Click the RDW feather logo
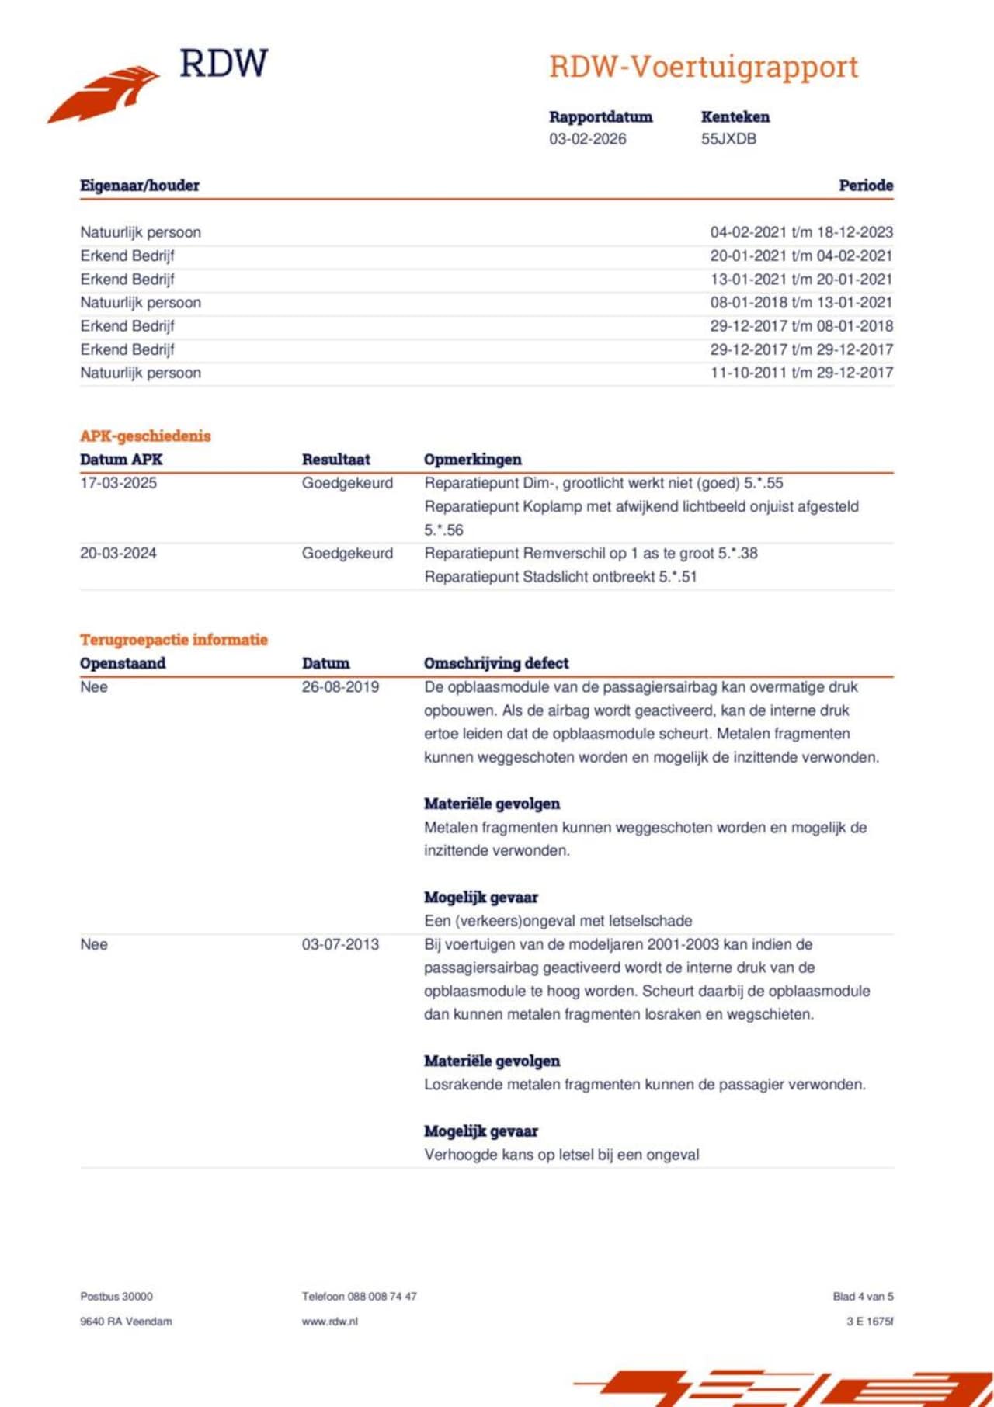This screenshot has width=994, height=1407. coord(104,93)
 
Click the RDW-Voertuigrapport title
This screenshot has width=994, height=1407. coord(704,68)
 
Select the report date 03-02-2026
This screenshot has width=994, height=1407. coord(587,139)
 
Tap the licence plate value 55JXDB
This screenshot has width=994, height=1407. coord(728,139)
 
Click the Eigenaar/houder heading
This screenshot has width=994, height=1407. coord(140,186)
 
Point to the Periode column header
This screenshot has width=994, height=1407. coord(865,186)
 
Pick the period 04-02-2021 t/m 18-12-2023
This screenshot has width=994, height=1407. coord(801,232)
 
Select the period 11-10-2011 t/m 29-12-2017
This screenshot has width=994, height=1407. coord(801,373)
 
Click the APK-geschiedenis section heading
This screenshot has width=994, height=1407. coord(145,436)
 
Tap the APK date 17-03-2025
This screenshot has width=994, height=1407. coord(118,483)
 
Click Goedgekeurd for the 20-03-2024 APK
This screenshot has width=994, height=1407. coord(347,554)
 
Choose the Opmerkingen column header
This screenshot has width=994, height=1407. coord(472,460)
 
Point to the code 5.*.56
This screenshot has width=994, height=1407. coord(443,530)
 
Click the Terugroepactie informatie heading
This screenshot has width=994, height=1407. coord(173,640)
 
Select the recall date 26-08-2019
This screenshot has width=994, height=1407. coord(340,687)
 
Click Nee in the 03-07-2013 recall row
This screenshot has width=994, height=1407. coord(93,944)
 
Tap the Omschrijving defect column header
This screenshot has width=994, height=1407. coord(495,664)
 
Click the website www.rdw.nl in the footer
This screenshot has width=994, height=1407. coord(329,1321)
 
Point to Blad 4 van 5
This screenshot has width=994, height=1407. coord(863,1296)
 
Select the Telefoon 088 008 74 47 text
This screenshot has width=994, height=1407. coord(359,1296)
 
